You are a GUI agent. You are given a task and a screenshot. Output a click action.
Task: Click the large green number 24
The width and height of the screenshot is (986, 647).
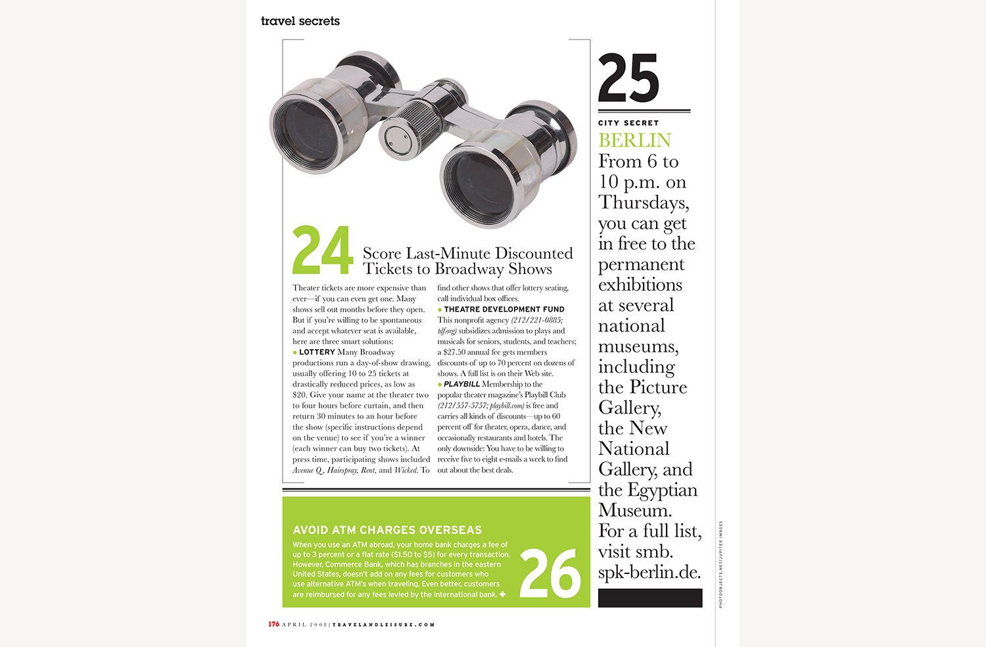click(x=322, y=250)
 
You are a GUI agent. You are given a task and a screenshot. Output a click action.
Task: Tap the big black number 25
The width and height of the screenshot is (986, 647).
click(x=628, y=78)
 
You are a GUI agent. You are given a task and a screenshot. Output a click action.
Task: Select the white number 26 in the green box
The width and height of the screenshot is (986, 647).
click(x=550, y=573)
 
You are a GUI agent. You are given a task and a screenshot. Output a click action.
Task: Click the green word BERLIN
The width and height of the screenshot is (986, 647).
click(x=634, y=140)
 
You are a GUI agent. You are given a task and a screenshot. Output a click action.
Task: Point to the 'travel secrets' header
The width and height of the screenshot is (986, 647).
click(x=300, y=21)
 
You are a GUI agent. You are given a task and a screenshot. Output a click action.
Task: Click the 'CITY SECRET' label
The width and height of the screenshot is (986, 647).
click(x=628, y=123)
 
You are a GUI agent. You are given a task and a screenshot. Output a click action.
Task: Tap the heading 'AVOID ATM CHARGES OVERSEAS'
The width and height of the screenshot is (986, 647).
click(x=387, y=530)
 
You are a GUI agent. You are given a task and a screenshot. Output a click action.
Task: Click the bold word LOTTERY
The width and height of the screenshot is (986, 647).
click(x=317, y=352)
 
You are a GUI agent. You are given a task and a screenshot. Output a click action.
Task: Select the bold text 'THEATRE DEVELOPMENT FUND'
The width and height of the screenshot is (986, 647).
click(x=504, y=309)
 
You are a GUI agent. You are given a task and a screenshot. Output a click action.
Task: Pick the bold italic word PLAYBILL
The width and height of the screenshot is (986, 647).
click(x=461, y=384)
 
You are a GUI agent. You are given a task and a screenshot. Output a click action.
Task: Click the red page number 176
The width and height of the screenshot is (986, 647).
click(x=273, y=624)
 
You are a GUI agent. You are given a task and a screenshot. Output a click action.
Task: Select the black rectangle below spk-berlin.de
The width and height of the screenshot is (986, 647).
click(x=650, y=598)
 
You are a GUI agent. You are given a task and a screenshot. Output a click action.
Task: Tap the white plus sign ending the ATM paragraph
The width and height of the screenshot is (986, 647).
click(x=503, y=594)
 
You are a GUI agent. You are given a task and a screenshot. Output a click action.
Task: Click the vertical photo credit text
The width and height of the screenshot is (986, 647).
click(x=720, y=564)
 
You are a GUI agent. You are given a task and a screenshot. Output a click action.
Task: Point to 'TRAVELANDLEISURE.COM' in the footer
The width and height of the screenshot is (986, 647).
click(x=384, y=625)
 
